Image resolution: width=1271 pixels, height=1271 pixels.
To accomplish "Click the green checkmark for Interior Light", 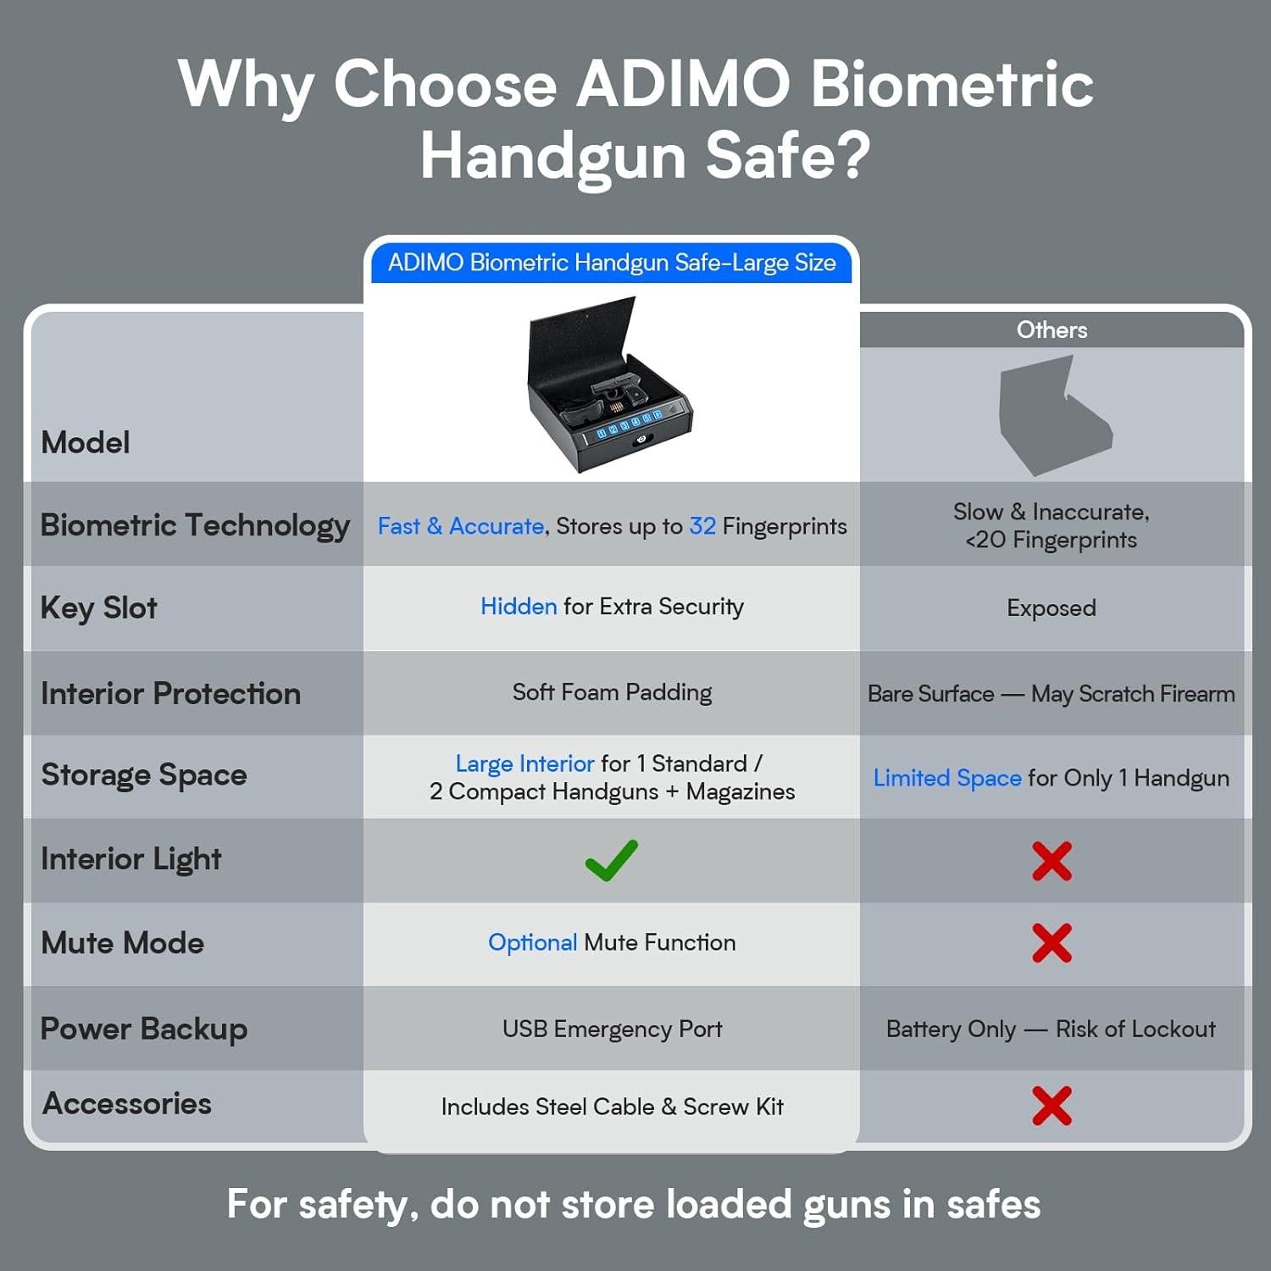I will click(611, 860).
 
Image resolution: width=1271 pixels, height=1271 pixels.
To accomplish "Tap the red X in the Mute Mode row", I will click(1052, 943).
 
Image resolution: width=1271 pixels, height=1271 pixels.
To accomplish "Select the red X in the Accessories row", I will click(1052, 1106).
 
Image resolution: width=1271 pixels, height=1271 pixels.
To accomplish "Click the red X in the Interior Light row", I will click(1052, 861).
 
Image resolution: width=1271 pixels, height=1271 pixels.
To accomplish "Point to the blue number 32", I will click(702, 526).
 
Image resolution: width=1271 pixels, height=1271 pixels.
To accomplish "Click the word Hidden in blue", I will click(519, 607).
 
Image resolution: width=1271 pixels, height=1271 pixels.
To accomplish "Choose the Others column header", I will click(1052, 330).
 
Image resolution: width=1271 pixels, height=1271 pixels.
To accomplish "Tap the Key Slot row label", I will click(99, 608).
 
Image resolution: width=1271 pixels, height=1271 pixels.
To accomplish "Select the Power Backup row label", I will click(144, 1029).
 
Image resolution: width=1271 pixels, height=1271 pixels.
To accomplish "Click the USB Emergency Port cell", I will click(612, 1029).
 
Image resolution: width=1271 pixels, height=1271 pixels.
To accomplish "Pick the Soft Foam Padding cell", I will click(612, 692).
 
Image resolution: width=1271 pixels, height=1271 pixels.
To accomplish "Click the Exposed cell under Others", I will click(1052, 608).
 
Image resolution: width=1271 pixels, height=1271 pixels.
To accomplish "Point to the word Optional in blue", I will click(532, 942).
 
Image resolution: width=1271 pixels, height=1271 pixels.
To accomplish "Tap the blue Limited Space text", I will click(947, 778).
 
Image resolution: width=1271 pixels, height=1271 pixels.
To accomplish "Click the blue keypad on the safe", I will click(627, 425).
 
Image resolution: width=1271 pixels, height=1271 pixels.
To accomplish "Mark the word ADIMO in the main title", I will click(683, 85).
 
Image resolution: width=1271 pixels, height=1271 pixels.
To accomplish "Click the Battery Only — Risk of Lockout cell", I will click(1051, 1029).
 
